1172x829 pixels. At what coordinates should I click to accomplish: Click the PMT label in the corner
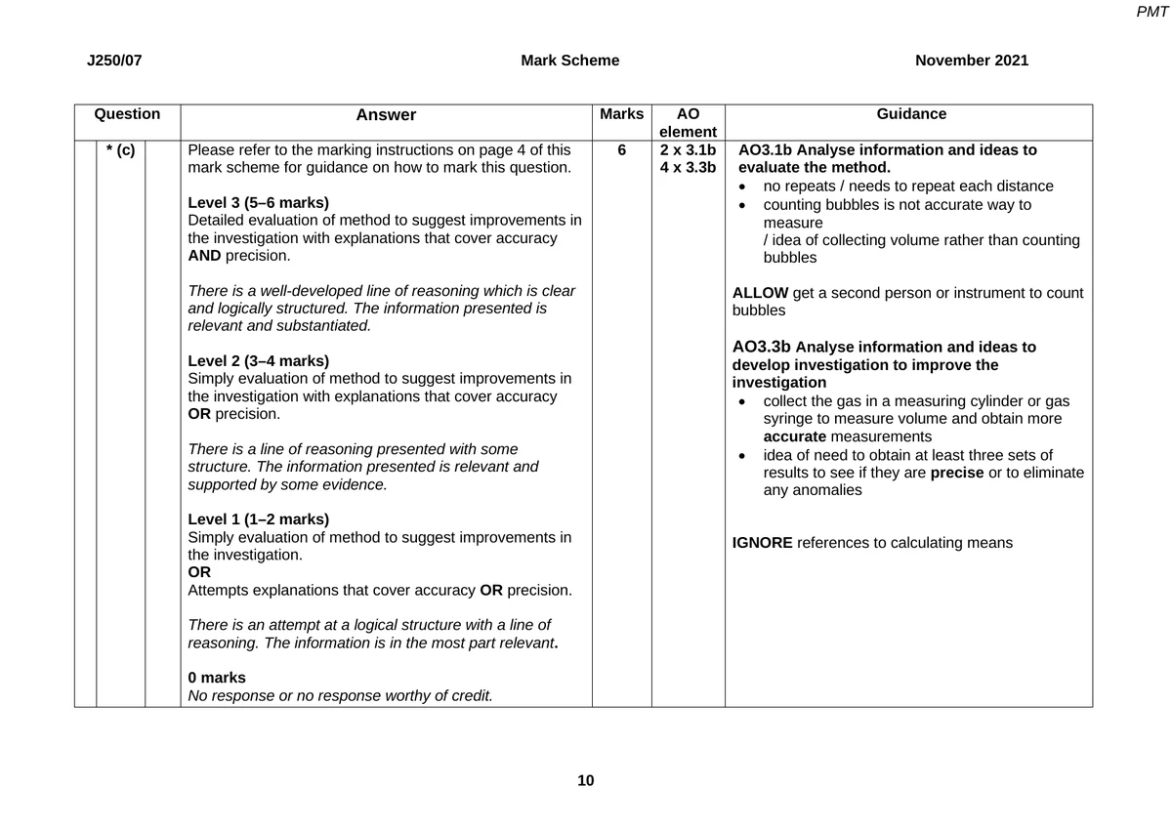click(1152, 12)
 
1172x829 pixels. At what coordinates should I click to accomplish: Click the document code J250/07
click(114, 61)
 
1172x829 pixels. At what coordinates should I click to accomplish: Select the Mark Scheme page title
click(569, 61)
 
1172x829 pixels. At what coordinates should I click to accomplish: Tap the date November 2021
click(972, 61)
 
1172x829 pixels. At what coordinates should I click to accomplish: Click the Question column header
click(127, 114)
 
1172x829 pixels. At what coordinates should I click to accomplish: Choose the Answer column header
click(386, 115)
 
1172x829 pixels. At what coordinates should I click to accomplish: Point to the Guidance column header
click(911, 114)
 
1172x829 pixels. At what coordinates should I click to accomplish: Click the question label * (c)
click(120, 151)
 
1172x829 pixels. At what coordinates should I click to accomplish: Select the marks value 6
click(621, 151)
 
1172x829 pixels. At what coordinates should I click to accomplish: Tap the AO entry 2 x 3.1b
click(688, 150)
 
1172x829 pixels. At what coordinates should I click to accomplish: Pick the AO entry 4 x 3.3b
click(688, 168)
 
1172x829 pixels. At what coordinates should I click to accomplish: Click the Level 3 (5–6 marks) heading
click(258, 203)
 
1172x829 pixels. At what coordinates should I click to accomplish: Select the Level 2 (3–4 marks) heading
click(258, 360)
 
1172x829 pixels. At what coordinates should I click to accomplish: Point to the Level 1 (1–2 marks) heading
click(258, 519)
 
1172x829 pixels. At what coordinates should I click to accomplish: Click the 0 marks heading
click(217, 678)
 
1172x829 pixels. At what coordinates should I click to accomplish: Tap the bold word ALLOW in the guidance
click(760, 293)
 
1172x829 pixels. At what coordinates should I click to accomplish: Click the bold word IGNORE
click(762, 543)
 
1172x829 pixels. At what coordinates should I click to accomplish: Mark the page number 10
click(585, 780)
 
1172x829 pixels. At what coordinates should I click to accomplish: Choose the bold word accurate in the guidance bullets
click(795, 436)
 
